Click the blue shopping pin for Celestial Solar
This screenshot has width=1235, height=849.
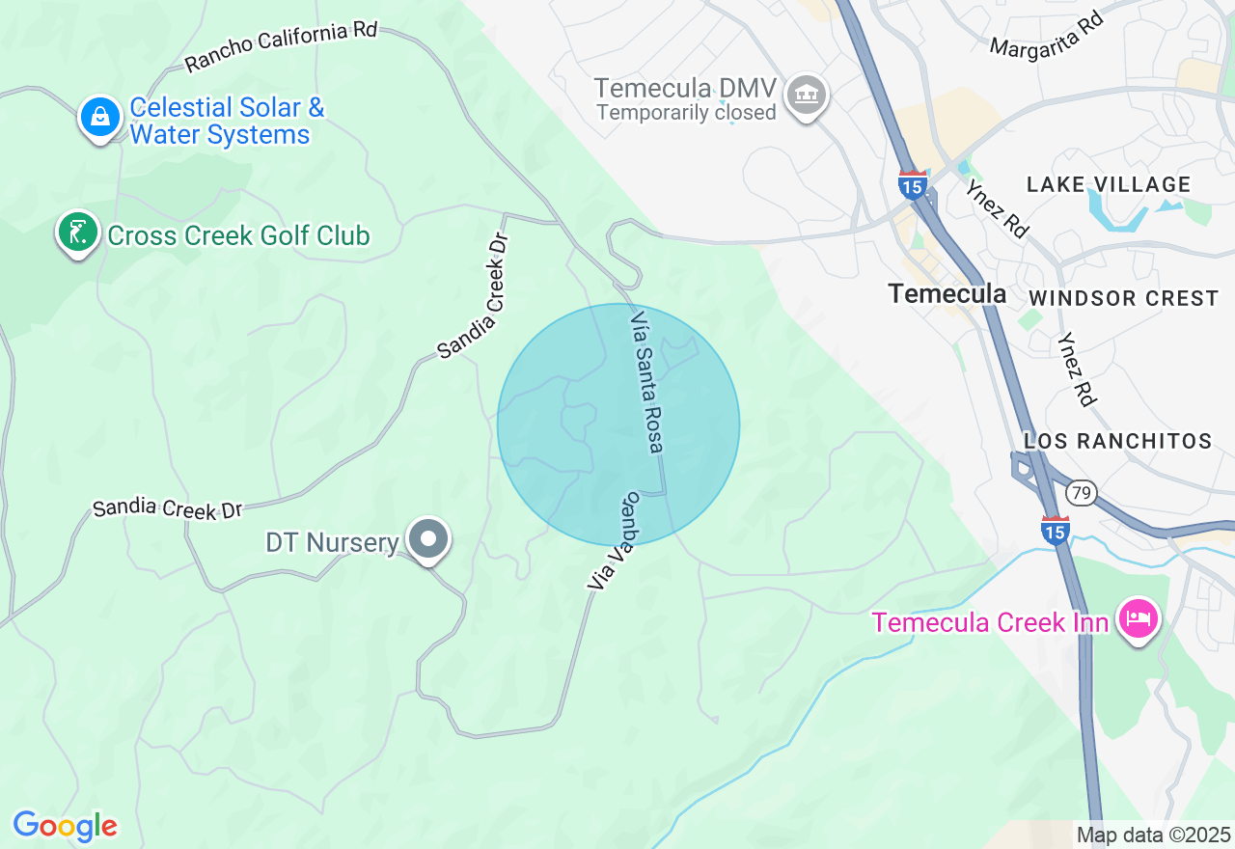(x=99, y=118)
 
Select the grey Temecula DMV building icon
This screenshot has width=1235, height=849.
(x=807, y=96)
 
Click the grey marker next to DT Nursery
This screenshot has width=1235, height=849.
(x=428, y=539)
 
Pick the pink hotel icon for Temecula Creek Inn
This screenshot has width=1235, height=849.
(x=1139, y=618)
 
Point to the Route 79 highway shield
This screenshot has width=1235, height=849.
(x=1082, y=494)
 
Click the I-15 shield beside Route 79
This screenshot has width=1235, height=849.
(x=1056, y=531)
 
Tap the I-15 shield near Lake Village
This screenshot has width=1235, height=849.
(x=912, y=184)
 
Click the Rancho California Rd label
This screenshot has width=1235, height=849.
(x=281, y=46)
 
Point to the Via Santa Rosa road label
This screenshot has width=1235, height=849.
(x=647, y=381)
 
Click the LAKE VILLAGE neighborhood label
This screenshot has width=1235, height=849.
(x=1109, y=184)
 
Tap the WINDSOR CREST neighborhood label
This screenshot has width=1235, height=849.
(x=1124, y=298)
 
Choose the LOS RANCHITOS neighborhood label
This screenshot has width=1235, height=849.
(x=1118, y=441)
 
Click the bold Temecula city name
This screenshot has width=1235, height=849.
(x=947, y=293)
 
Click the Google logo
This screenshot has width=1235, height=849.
(x=65, y=826)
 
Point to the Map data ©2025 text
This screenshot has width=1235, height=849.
(x=1153, y=835)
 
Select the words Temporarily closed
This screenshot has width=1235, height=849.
(x=686, y=113)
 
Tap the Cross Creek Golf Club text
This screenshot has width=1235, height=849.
(x=238, y=235)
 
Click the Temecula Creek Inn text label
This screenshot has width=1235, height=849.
(x=990, y=622)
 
